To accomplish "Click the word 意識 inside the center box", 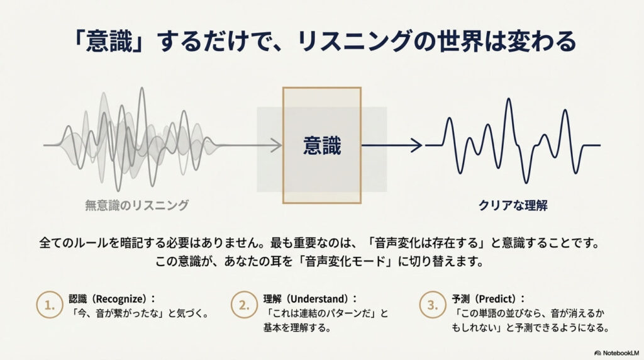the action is (x=322, y=146).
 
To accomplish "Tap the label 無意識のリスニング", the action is (x=136, y=205).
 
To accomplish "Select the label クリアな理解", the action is (x=513, y=205).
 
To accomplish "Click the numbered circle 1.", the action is (x=50, y=305).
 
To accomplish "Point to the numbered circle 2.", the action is (x=244, y=305).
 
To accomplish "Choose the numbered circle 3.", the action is (x=433, y=305).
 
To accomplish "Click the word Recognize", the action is (x=121, y=299).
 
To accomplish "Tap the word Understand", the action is (x=319, y=299).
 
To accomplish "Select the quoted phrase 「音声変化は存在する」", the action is (x=428, y=243).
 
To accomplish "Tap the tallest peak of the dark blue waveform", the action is (x=509, y=99).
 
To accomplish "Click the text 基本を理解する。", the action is (x=297, y=328).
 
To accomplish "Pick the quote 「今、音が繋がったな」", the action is (x=119, y=313).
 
